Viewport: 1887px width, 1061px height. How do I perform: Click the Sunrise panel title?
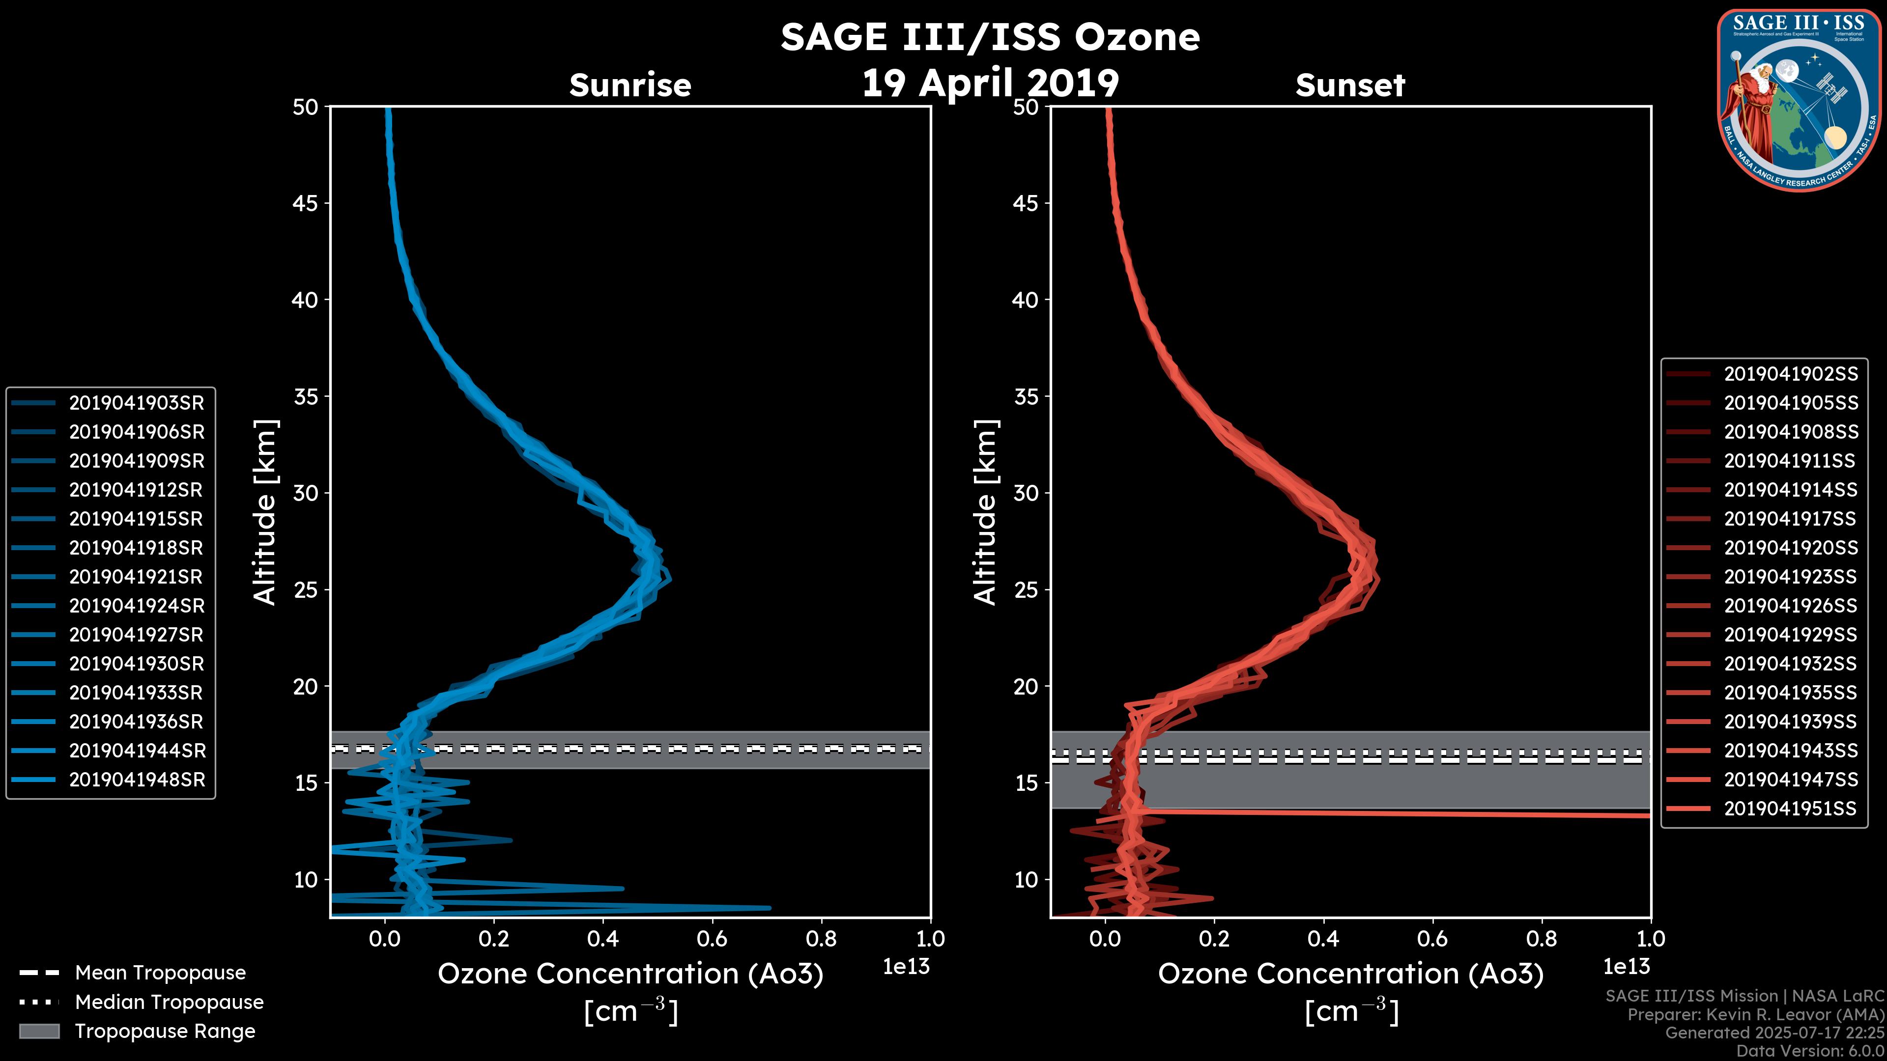[x=630, y=85]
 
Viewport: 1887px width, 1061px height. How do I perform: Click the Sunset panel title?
[x=1350, y=85]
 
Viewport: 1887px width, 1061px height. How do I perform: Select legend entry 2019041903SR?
[x=136, y=403]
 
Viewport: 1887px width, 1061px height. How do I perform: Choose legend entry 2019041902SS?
[x=1790, y=374]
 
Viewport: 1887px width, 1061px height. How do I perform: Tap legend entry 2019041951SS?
[x=1790, y=809]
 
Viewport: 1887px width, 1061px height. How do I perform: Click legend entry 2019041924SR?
[x=136, y=606]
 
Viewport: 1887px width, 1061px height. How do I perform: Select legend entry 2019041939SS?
[x=1790, y=721]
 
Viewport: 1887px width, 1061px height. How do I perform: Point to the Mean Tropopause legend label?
[x=160, y=973]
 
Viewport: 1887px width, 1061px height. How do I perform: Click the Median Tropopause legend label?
[x=169, y=1002]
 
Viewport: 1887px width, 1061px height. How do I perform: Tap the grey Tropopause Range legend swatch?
[x=39, y=1031]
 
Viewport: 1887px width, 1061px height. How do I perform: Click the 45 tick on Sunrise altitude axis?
[x=306, y=203]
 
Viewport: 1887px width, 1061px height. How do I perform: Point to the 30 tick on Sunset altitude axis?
[x=1026, y=493]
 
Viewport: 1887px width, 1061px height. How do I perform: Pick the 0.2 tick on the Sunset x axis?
[x=1214, y=938]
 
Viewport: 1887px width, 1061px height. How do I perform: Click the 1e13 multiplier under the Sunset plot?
[x=1626, y=967]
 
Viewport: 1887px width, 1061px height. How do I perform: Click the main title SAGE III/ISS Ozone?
[x=990, y=37]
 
